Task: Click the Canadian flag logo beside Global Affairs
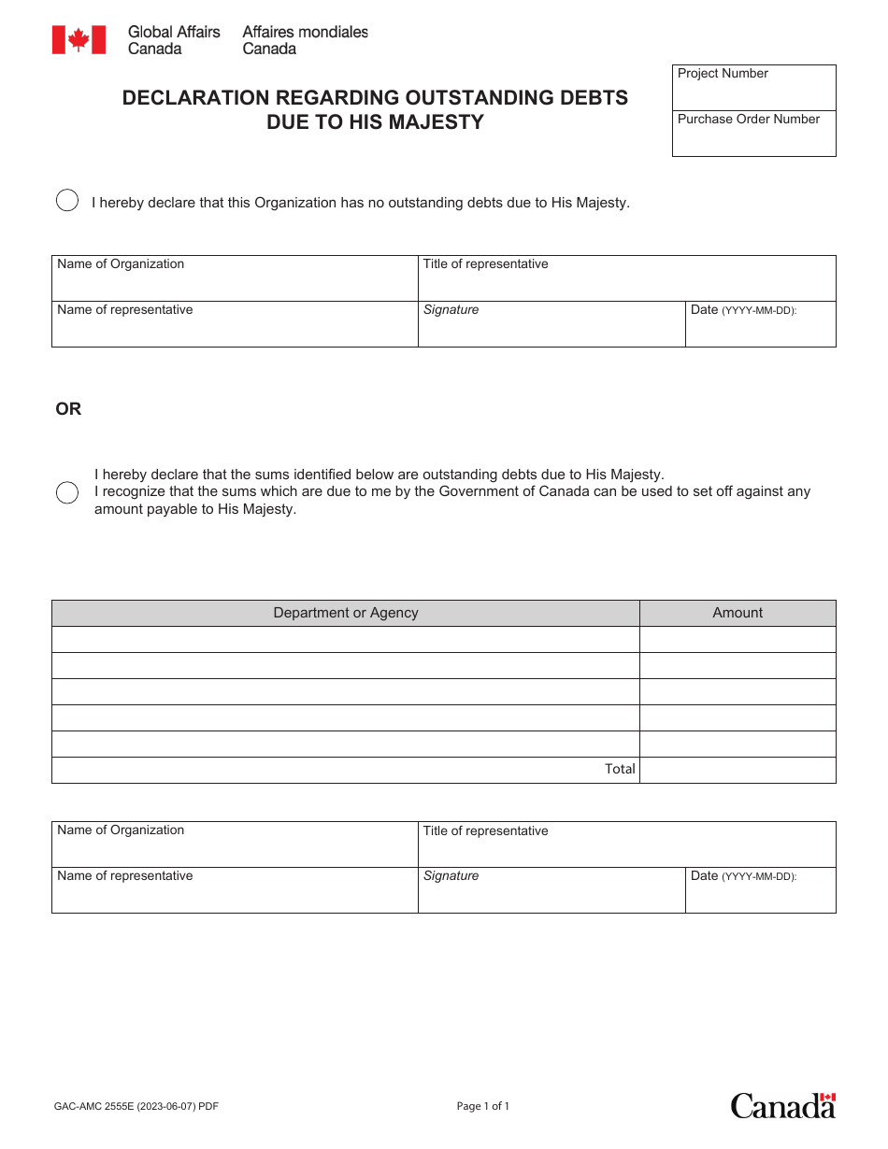click(x=79, y=39)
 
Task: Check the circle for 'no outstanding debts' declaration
click(x=67, y=201)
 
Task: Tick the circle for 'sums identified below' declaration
click(x=67, y=492)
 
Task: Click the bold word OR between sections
click(x=68, y=409)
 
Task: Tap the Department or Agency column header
click(x=345, y=613)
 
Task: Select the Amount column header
click(x=738, y=613)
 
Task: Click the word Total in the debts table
click(x=620, y=769)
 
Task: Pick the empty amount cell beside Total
click(x=738, y=770)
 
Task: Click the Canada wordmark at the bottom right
click(x=782, y=1106)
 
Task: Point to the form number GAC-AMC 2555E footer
click(x=136, y=1106)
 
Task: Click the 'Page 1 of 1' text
click(x=483, y=1106)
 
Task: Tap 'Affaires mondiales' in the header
click(x=305, y=32)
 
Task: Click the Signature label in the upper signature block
click(x=451, y=310)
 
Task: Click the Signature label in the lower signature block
click(x=451, y=876)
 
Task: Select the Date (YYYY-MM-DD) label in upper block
click(x=743, y=310)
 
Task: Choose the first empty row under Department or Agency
click(x=345, y=639)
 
